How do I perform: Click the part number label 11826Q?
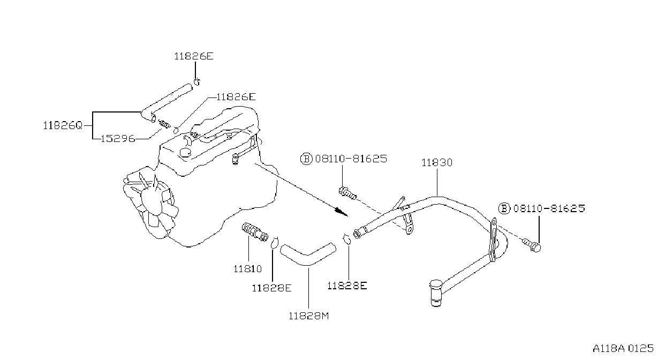click(x=63, y=125)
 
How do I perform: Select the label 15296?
click(x=118, y=138)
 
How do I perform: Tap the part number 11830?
click(x=437, y=162)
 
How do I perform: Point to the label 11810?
click(x=247, y=268)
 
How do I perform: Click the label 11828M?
click(x=309, y=316)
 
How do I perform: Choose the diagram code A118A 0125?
click(x=623, y=348)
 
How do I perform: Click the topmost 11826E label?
click(x=194, y=56)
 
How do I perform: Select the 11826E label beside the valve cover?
click(x=236, y=96)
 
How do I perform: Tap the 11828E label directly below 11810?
click(x=272, y=288)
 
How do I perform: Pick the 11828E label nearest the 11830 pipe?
click(x=347, y=286)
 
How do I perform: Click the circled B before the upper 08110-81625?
click(x=306, y=159)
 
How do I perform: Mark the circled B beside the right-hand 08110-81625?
click(x=504, y=208)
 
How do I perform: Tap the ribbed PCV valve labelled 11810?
click(x=255, y=231)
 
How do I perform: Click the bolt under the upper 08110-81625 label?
click(x=348, y=193)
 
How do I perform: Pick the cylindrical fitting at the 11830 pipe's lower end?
click(x=436, y=293)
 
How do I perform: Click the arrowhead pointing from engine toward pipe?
click(x=341, y=212)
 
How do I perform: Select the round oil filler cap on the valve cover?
click(x=185, y=153)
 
